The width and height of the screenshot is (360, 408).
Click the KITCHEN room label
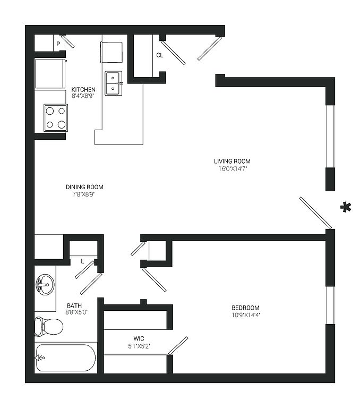[83, 89]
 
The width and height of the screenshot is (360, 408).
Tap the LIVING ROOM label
[232, 161]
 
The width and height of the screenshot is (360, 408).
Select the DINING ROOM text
[84, 187]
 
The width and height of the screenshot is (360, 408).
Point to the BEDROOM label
[245, 308]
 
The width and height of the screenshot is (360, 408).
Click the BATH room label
[74, 306]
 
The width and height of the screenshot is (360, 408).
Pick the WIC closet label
[139, 339]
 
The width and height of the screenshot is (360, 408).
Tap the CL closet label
[160, 55]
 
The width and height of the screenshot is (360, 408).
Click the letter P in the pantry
[58, 44]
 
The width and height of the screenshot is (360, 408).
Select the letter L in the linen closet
[82, 262]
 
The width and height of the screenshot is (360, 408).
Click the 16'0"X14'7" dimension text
[233, 168]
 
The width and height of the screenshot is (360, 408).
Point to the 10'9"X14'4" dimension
[246, 315]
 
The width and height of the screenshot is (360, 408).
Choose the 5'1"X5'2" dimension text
[139, 346]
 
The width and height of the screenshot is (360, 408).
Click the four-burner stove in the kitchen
[56, 118]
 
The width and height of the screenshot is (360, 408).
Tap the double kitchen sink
[114, 83]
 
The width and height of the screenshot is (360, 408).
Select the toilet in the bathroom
[49, 327]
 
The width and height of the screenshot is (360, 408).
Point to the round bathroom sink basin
[45, 284]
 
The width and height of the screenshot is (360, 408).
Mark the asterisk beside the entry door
[346, 207]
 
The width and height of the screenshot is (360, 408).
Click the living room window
[330, 137]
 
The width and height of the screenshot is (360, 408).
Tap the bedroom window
[330, 305]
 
